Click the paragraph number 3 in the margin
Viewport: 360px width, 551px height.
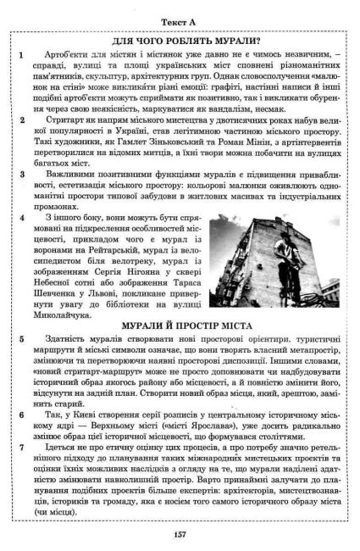pos(19,174)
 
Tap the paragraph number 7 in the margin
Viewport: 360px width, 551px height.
pos(19,442)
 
